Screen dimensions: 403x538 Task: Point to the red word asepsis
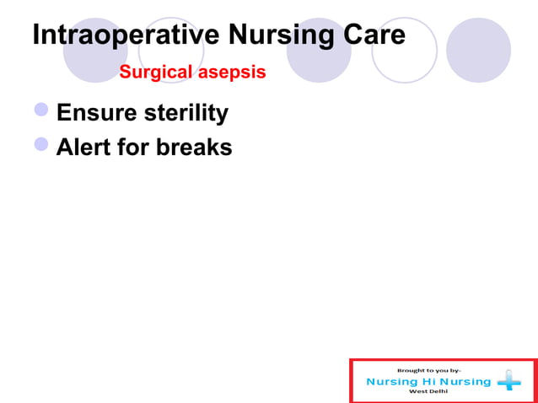(x=232, y=73)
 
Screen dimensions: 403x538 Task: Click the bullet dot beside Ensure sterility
(x=42, y=110)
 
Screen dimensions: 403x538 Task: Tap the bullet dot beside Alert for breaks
(x=42, y=145)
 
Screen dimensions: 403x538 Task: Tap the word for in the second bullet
(x=135, y=147)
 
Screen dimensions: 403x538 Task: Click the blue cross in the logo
(x=509, y=382)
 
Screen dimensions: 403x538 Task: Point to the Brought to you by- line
(x=429, y=370)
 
